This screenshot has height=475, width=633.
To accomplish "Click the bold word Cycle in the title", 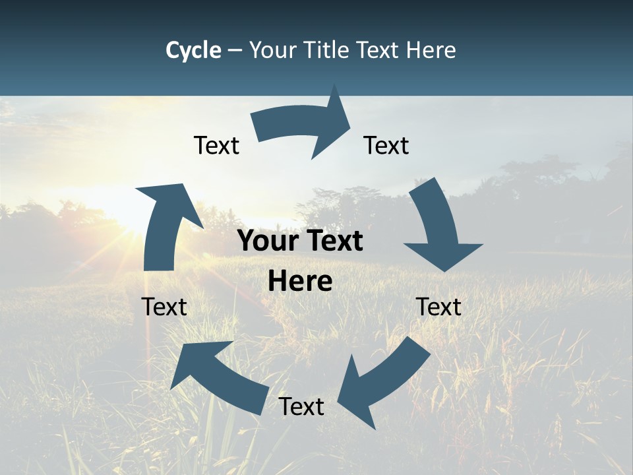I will (193, 50).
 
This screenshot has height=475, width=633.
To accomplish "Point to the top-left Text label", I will (216, 145).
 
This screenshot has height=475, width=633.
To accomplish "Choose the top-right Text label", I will (386, 145).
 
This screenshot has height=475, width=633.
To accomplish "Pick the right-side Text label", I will (438, 307).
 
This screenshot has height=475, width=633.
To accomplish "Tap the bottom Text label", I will (301, 406).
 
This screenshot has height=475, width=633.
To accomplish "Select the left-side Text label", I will (164, 307).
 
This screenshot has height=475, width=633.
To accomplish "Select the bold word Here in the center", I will (300, 281).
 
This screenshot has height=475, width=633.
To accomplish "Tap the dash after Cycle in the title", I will (235, 50).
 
